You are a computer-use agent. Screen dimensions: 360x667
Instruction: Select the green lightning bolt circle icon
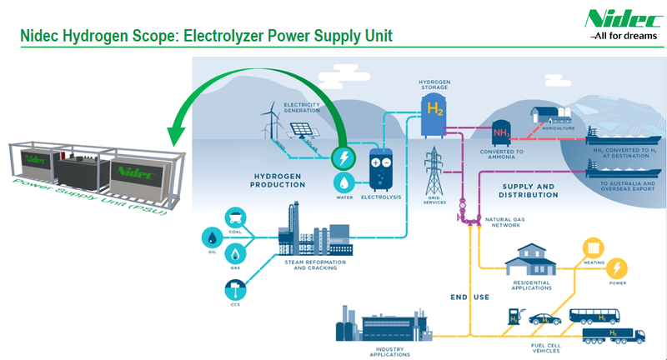tap(342, 157)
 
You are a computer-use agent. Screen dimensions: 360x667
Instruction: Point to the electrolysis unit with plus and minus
tap(384, 169)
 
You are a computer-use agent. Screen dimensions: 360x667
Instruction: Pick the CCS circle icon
tap(235, 289)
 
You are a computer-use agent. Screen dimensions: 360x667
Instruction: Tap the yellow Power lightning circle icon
tap(617, 268)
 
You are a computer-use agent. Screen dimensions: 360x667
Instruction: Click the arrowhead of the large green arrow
tap(176, 133)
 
